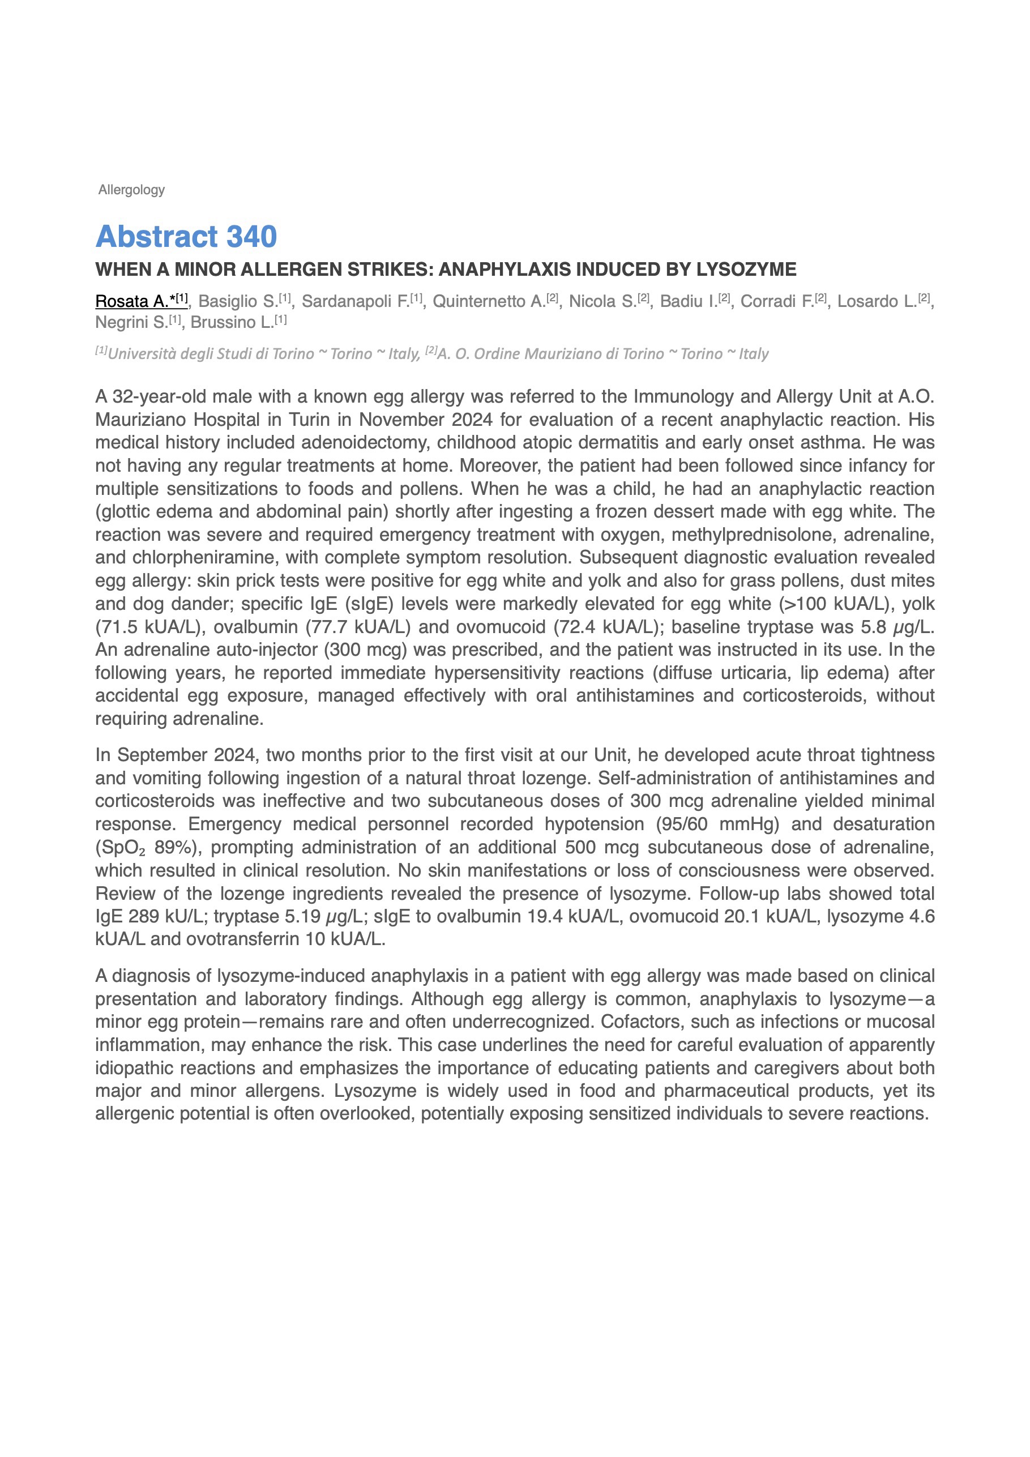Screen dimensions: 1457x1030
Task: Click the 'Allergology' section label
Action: point(131,190)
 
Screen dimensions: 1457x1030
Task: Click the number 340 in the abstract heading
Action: point(251,237)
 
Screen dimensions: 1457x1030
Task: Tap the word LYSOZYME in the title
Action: point(746,270)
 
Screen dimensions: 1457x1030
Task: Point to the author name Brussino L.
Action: point(232,322)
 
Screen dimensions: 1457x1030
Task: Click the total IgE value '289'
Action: point(143,916)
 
